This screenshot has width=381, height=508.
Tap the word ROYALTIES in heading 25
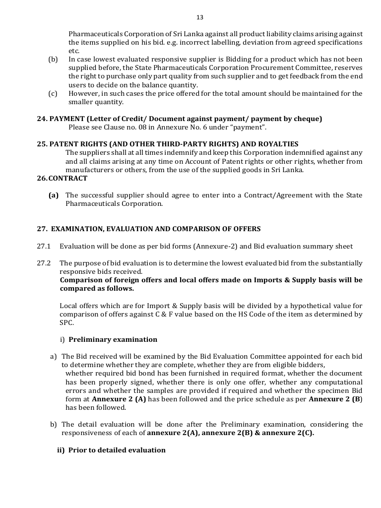pyautogui.click(x=279, y=144)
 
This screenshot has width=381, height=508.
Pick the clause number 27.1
pyautogui.click(x=44, y=246)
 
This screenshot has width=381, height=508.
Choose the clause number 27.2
pyautogui.click(x=44, y=263)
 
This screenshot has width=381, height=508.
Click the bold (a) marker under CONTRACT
pyautogui.click(x=54, y=195)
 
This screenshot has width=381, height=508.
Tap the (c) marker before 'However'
pyautogui.click(x=53, y=93)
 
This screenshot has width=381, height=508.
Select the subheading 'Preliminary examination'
pyautogui.click(x=113, y=340)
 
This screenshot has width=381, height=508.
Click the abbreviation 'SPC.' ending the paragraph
pyautogui.click(x=66, y=322)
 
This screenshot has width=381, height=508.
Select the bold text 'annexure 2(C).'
pyautogui.click(x=288, y=433)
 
